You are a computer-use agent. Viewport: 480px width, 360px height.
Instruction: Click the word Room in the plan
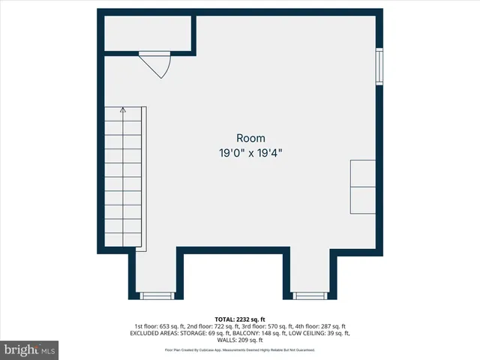250,138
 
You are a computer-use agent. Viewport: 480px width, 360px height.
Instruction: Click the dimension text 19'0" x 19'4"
250,152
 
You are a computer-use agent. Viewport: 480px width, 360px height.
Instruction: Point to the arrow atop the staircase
123,109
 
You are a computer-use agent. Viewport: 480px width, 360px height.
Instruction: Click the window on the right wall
379,67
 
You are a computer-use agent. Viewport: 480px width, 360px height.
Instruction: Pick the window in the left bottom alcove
157,295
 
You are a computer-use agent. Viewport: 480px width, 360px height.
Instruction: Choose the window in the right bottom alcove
310,295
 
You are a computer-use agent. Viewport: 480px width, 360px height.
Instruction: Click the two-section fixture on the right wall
364,186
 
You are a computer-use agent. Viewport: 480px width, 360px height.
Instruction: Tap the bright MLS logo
30,349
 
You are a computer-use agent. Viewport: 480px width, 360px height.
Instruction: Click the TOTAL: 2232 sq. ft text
240,319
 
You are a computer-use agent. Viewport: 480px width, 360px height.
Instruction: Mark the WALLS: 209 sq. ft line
240,340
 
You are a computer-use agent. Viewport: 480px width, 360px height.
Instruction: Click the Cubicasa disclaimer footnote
240,350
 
